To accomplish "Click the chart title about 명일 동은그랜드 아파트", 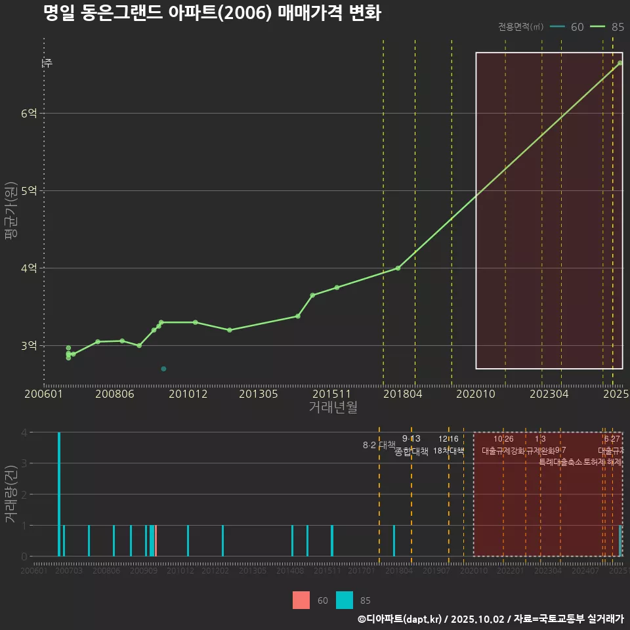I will click(x=211, y=13).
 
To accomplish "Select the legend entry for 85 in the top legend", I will click(x=607, y=27).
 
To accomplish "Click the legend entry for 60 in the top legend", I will click(x=568, y=27).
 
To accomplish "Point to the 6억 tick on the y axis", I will click(x=29, y=114).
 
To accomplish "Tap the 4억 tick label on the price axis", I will click(x=29, y=268).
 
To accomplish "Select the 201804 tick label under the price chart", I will click(x=402, y=394).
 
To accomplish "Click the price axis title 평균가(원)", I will click(x=10, y=210).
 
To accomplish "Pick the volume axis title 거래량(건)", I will click(x=10, y=494).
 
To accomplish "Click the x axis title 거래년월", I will click(x=333, y=408).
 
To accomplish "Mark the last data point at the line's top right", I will click(x=620, y=63).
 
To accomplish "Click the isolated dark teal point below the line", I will click(x=163, y=369).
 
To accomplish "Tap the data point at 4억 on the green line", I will click(x=398, y=268).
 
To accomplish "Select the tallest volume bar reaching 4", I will click(x=59, y=494).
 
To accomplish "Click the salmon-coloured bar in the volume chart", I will click(x=156, y=541).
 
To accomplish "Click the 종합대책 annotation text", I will click(x=411, y=451).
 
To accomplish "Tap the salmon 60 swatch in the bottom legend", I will click(x=301, y=600).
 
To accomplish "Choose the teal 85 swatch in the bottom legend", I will click(x=345, y=600).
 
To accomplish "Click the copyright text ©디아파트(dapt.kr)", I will click(x=400, y=619).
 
